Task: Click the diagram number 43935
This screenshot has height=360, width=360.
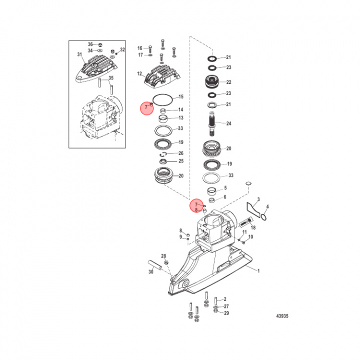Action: [x=282, y=316]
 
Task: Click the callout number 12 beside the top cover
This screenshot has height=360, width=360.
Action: [x=139, y=73]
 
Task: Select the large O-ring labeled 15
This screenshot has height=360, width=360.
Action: [x=162, y=100]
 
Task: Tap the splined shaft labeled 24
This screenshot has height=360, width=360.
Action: [x=211, y=123]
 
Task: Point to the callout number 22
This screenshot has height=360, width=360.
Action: [x=228, y=82]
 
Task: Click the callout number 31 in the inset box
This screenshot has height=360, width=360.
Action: [x=79, y=54]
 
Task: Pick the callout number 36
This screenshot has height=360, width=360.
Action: [x=90, y=44]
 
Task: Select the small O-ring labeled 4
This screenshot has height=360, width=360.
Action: [x=264, y=217]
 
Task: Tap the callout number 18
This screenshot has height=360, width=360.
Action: [x=253, y=227]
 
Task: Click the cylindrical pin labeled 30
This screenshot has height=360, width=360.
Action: [x=155, y=265]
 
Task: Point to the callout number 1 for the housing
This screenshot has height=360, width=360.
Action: [x=258, y=271]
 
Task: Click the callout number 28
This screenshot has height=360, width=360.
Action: [x=163, y=256]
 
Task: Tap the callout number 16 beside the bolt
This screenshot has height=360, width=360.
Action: [x=140, y=48]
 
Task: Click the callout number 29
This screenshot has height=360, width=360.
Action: [x=226, y=313]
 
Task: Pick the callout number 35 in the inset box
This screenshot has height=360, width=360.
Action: [x=111, y=78]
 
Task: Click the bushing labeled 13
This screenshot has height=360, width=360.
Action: [x=163, y=119]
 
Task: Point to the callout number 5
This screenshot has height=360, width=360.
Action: [x=225, y=188]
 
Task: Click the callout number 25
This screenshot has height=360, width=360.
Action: [x=181, y=161]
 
